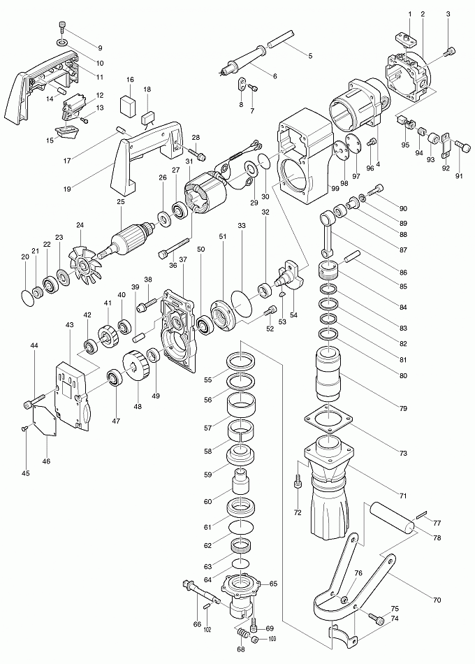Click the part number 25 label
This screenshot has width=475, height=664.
coord(120,203)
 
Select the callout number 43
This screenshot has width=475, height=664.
coord(69,326)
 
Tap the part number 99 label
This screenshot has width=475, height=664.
coord(335,188)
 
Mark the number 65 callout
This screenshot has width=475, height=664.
coord(273,583)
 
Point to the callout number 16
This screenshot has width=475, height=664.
coord(131,80)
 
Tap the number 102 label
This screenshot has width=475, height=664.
coord(207,630)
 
